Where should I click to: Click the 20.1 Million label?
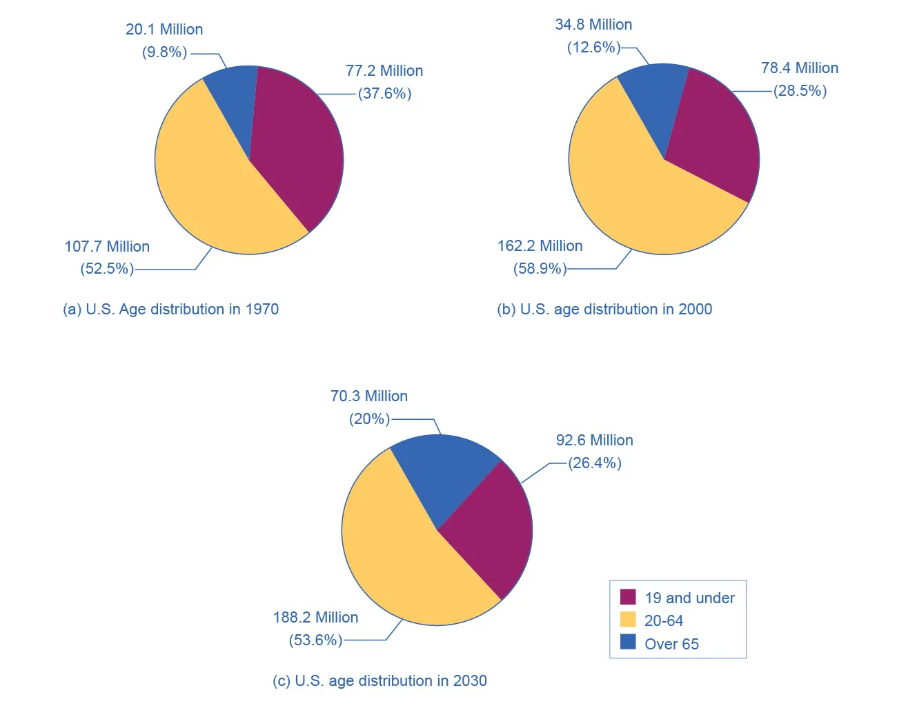164,30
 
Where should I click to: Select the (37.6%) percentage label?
384,94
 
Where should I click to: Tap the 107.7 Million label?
107,247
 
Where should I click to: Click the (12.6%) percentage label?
593,48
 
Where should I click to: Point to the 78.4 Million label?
800,68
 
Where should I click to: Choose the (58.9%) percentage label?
540,269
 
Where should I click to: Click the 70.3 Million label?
369,396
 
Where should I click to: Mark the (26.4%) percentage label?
595,463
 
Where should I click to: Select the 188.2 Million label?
315,618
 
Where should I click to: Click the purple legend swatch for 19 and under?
628,597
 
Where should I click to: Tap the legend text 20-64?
663,621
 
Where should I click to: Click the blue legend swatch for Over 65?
628,643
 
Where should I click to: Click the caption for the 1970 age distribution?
170,310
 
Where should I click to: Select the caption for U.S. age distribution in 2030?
379,681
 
